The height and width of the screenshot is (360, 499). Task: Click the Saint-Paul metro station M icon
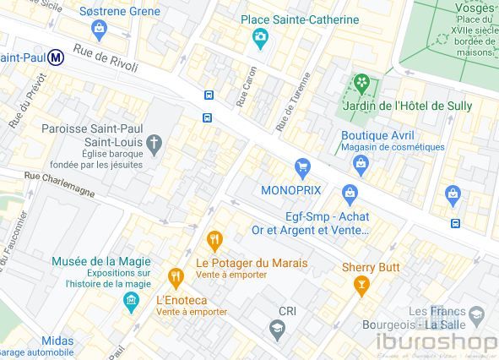(57, 57)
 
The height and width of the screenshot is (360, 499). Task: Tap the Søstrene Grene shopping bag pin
(100, 31)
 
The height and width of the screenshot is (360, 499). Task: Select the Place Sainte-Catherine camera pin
(260, 37)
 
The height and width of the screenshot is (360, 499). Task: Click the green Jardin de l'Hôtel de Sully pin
(361, 84)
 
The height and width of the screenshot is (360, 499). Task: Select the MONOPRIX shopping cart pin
(301, 168)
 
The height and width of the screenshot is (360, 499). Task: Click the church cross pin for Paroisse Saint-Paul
(154, 147)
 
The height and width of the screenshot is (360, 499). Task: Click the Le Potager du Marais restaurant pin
(215, 242)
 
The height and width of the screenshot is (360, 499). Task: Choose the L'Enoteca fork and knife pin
(176, 277)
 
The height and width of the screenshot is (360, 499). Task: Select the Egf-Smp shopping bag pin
(350, 194)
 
